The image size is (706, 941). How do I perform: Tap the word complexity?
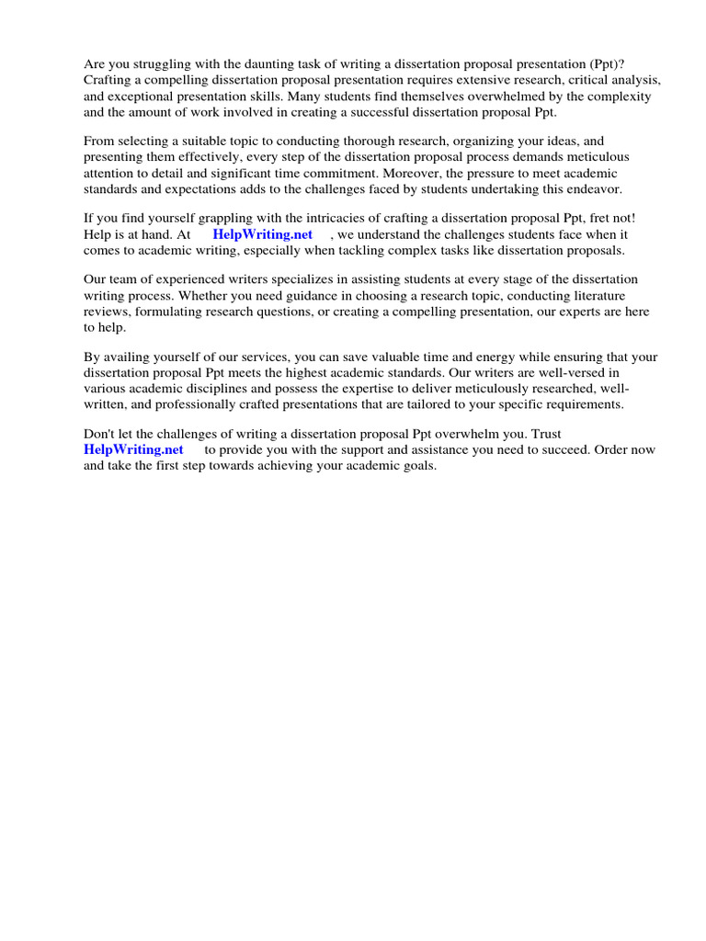tap(619, 96)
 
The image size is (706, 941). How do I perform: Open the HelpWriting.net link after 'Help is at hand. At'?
tap(263, 234)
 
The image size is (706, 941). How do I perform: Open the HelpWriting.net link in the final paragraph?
tap(133, 449)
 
